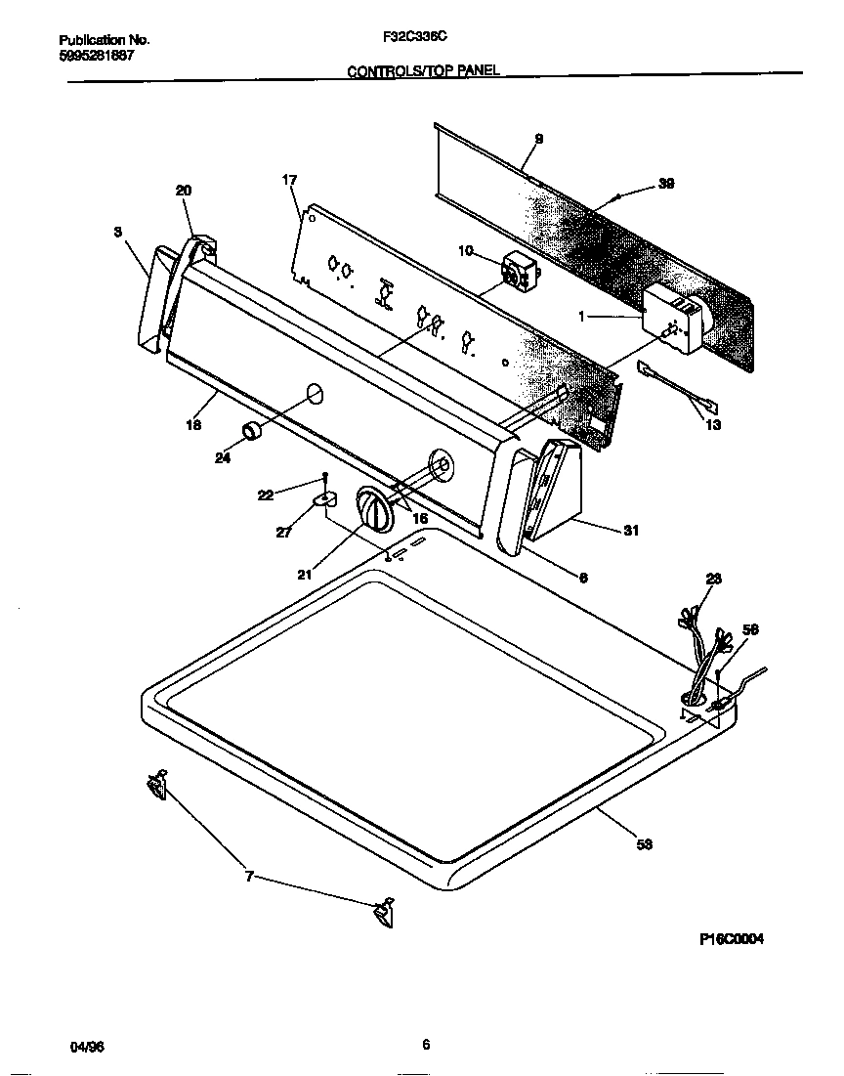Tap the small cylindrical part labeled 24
pos(253,431)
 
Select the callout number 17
pos(289,180)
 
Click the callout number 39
pos(666,183)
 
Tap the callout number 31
pos(631,531)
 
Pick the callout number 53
pos(644,844)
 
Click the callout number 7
pos(249,877)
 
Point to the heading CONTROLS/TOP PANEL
pos(424,71)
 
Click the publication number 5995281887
pos(97,56)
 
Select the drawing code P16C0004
pos(732,939)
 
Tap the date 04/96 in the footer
pos(87,1047)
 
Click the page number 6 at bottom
pos(426,1044)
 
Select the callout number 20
pos(184,191)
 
